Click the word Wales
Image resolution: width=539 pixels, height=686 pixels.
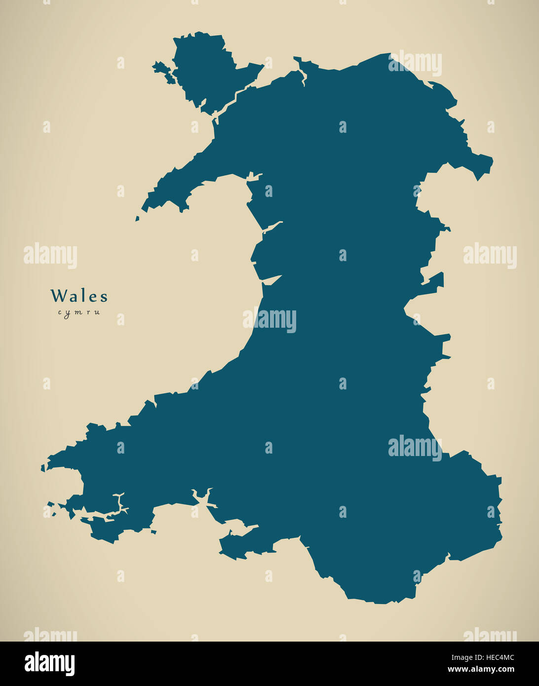79,296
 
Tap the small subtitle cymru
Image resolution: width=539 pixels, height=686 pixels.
79,312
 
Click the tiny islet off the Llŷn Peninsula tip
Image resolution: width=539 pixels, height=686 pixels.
137,218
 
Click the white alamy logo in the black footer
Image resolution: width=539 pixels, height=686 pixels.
49,664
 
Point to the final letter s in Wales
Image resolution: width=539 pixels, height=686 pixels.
104,297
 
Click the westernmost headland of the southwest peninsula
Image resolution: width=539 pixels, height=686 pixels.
44,466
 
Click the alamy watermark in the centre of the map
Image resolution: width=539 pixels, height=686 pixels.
269,320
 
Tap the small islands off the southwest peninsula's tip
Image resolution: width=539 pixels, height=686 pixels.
51,508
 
